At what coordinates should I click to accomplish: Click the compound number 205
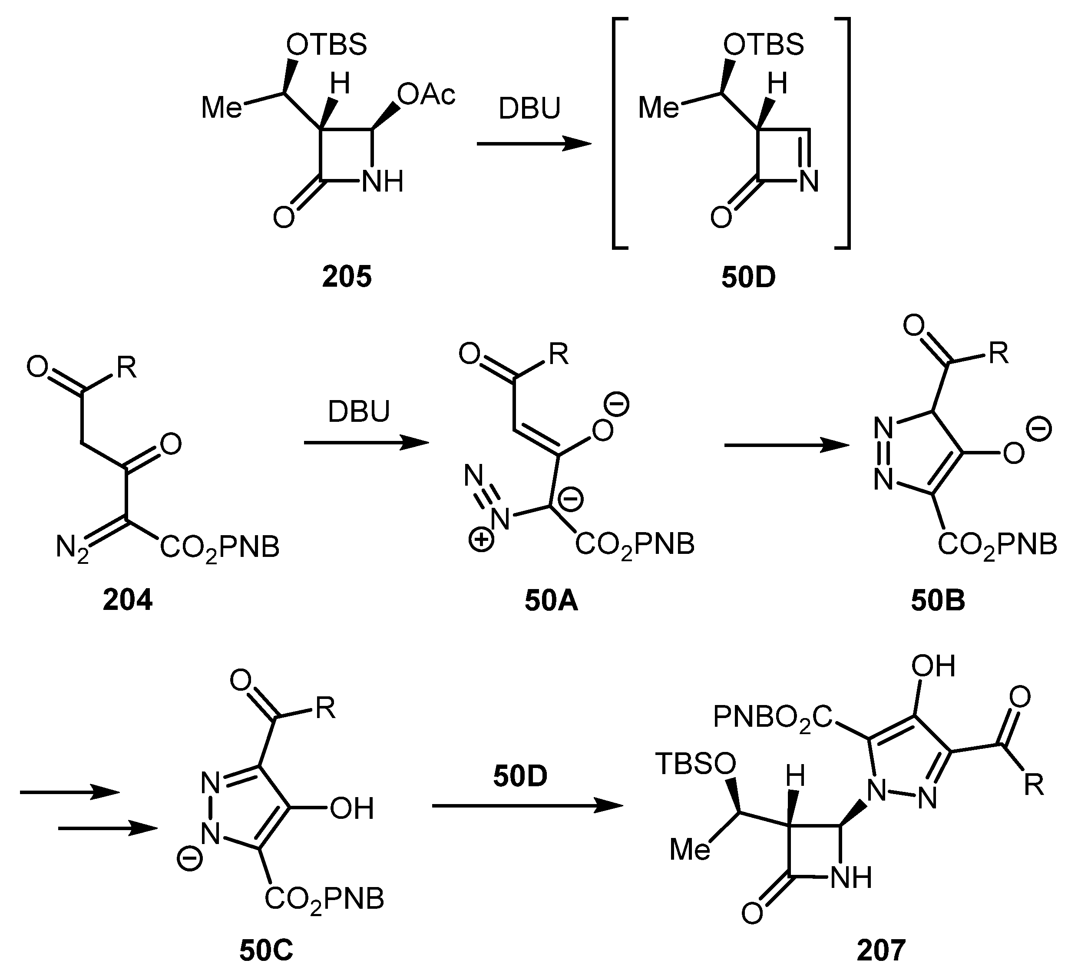pos(347,277)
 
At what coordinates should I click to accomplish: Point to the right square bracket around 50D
pos(844,132)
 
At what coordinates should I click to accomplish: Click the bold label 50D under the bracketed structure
pos(748,277)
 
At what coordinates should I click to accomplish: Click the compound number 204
pos(128,601)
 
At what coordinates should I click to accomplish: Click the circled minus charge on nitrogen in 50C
pos(189,860)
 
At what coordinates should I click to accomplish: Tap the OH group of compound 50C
pos(351,809)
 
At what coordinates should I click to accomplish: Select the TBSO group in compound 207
pos(695,764)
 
